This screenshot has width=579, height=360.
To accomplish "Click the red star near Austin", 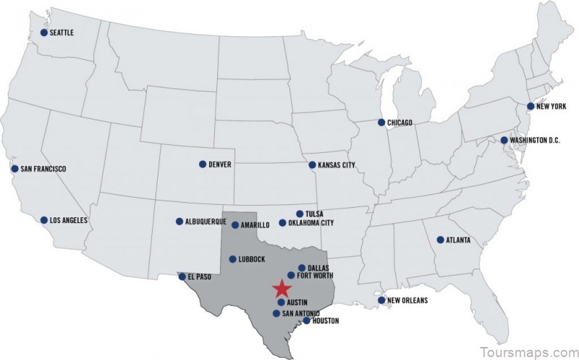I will (x=282, y=288).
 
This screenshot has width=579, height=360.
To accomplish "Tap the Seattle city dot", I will (x=44, y=33).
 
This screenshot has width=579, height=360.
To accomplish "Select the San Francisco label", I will (x=43, y=169).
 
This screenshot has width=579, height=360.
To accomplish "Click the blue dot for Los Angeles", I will (x=44, y=219).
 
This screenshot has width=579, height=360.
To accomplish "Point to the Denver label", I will (x=219, y=164).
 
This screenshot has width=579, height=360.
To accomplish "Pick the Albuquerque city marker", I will (x=179, y=222).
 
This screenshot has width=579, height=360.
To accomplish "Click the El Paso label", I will (x=199, y=277).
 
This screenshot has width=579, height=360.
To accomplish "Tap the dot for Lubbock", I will (x=232, y=259).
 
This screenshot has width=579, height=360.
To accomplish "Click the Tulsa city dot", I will (x=300, y=214).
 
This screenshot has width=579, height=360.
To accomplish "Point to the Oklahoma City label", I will (x=311, y=223).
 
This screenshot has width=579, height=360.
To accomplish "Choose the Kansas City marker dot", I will (x=312, y=165).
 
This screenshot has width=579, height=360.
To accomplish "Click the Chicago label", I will (x=400, y=123).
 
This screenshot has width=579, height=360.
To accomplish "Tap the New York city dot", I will (x=531, y=106).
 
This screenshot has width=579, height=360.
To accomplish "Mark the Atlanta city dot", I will (x=440, y=240).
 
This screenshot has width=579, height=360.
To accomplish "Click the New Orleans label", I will (x=407, y=300).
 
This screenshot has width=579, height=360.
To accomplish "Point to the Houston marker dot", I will (x=306, y=320).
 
